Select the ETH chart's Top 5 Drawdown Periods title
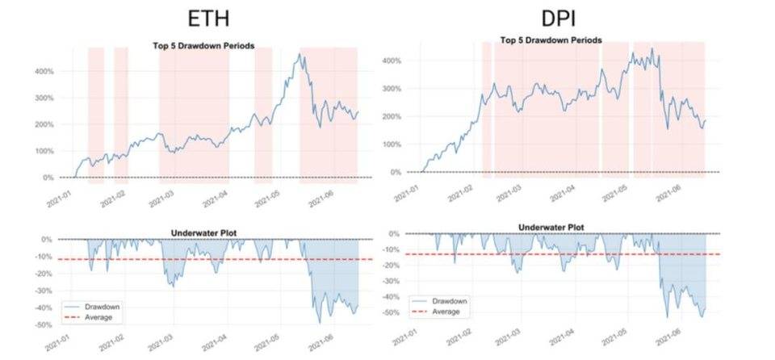click(x=203, y=46)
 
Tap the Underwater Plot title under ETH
click(x=208, y=234)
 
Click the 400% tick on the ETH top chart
click(x=43, y=71)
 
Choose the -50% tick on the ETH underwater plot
click(x=41, y=324)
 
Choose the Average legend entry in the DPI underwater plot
click(x=446, y=311)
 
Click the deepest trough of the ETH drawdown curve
click(x=320, y=323)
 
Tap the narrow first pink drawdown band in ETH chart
click(x=95, y=113)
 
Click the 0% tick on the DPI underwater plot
click(x=393, y=233)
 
